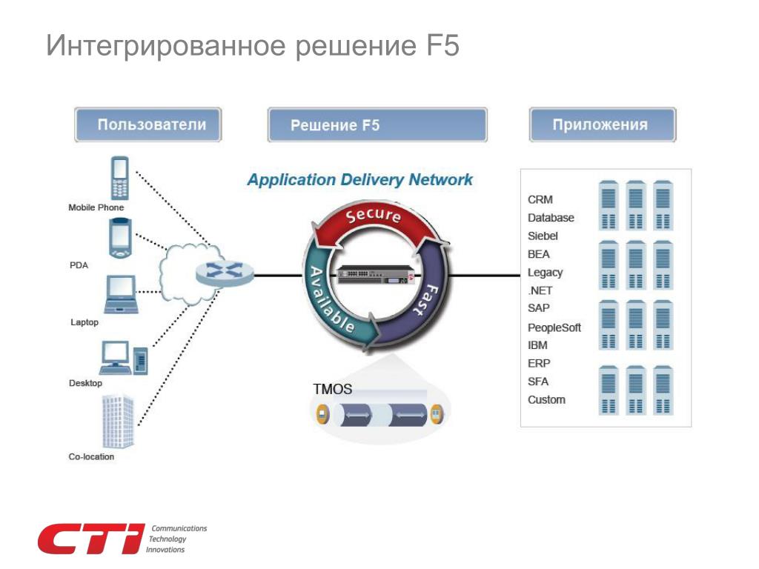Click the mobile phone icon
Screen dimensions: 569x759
[x=119, y=178]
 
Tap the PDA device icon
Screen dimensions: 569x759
[x=121, y=237]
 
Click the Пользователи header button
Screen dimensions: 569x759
[x=149, y=124]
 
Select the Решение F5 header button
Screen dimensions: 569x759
[x=377, y=125]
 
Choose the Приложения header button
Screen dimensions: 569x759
[x=602, y=124]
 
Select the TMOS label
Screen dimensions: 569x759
[x=332, y=389]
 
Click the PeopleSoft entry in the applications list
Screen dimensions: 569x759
[x=554, y=327]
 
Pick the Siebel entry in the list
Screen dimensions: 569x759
[x=543, y=236]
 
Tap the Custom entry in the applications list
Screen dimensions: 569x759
[x=546, y=400]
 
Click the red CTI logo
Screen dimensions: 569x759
[x=90, y=539]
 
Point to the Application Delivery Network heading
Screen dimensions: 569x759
[x=359, y=180]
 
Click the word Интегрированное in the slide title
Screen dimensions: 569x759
[x=165, y=46]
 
